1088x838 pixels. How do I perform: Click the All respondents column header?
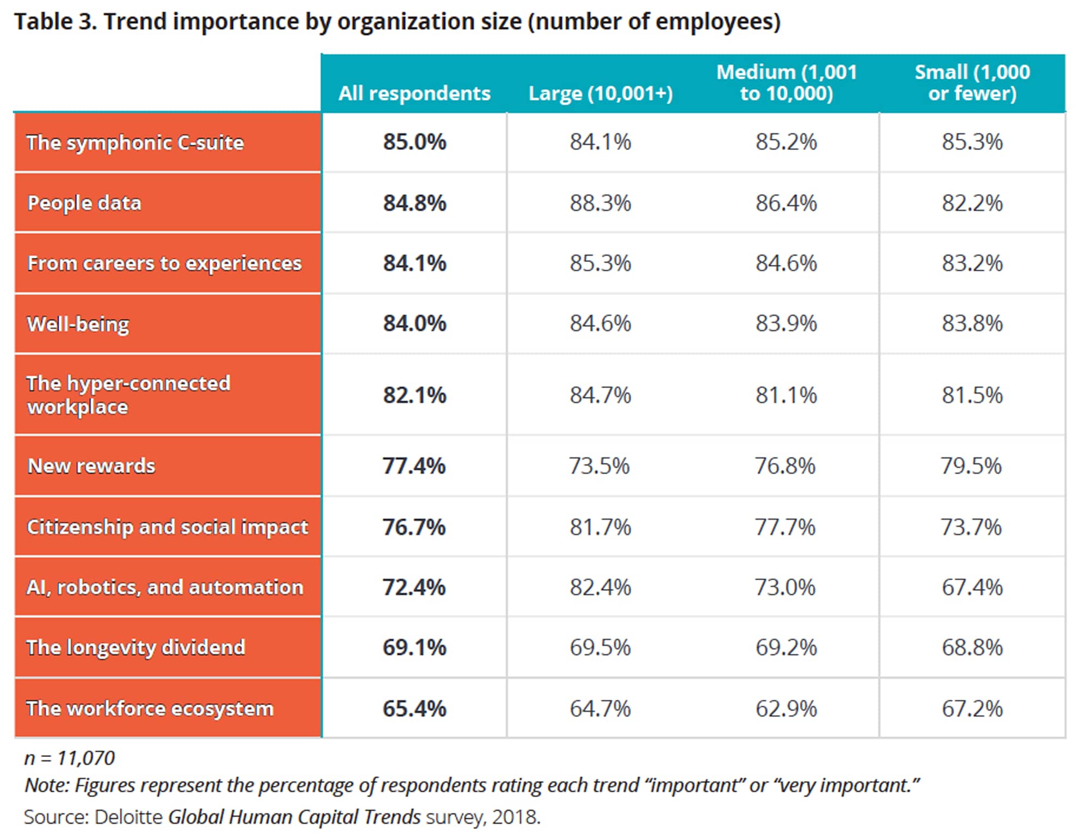point(414,94)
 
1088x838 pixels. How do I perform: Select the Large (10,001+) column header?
point(601,94)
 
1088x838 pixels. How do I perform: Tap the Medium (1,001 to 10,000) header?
point(786,83)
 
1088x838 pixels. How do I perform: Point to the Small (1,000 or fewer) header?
point(972,83)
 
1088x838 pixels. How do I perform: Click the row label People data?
point(84,203)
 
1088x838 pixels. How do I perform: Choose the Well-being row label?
point(78,324)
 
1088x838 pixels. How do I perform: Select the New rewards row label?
point(91,466)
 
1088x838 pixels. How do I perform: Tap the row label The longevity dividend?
point(135,648)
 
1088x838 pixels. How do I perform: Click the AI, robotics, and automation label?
point(165,587)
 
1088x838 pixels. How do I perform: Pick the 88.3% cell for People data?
point(600,203)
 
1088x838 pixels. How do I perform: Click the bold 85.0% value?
point(414,142)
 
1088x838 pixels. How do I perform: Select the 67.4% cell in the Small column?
point(972,587)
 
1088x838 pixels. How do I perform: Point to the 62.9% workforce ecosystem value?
point(786,709)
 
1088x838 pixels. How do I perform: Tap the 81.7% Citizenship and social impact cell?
point(600,527)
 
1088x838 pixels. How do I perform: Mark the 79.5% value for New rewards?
point(971,466)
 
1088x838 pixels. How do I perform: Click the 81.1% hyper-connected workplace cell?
point(786,395)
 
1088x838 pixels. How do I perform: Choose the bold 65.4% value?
point(414,709)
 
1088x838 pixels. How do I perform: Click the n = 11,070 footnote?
point(70,758)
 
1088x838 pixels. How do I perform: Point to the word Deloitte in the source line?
point(128,817)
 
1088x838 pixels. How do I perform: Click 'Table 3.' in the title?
point(55,22)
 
